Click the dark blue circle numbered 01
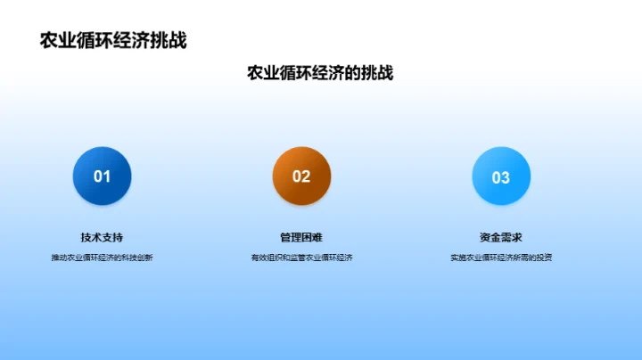pos(102,176)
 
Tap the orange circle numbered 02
pos(301,176)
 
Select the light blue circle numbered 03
pos(501,176)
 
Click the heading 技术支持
pos(102,237)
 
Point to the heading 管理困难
pos(301,237)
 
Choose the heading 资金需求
pos(501,237)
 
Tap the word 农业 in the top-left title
pos(58,41)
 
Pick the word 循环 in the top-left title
pos(95,41)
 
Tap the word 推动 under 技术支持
pos(60,258)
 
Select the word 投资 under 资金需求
pos(543,258)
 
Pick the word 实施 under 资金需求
pos(458,258)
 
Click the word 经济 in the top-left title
pos(131,41)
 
